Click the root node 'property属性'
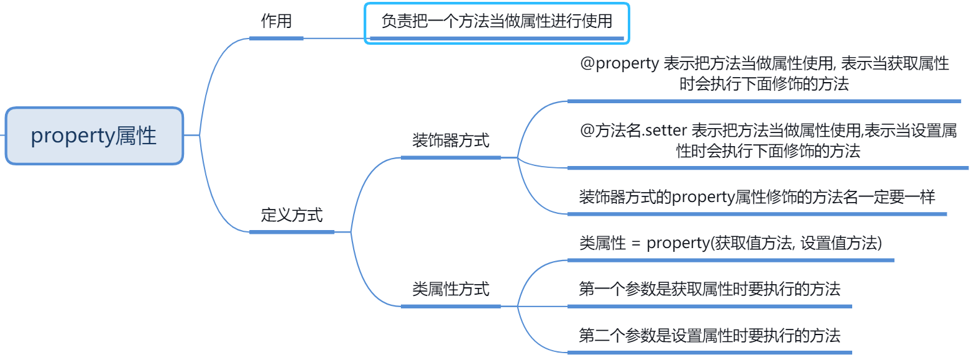pos(94,136)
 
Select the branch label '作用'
pos(276,21)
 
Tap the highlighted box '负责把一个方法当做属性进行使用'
pos(497,22)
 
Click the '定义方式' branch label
pos(292,215)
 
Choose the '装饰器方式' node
pos(451,141)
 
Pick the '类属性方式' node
pos(451,289)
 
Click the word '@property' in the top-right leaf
pos(619,63)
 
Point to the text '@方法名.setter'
pos(633,131)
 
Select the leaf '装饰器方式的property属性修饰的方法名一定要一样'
pos(756,197)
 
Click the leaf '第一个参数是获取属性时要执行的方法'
pos(709,289)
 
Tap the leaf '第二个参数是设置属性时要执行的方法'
pos(709,336)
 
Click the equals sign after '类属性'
pos(636,244)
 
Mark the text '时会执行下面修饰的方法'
pos(764,84)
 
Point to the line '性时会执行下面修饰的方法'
pos(768,151)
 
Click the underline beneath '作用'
pos(276,38)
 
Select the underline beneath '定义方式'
pos(292,232)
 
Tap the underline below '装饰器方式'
pos(451,158)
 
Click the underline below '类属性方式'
pos(451,306)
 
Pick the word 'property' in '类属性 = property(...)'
pos(678,243)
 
